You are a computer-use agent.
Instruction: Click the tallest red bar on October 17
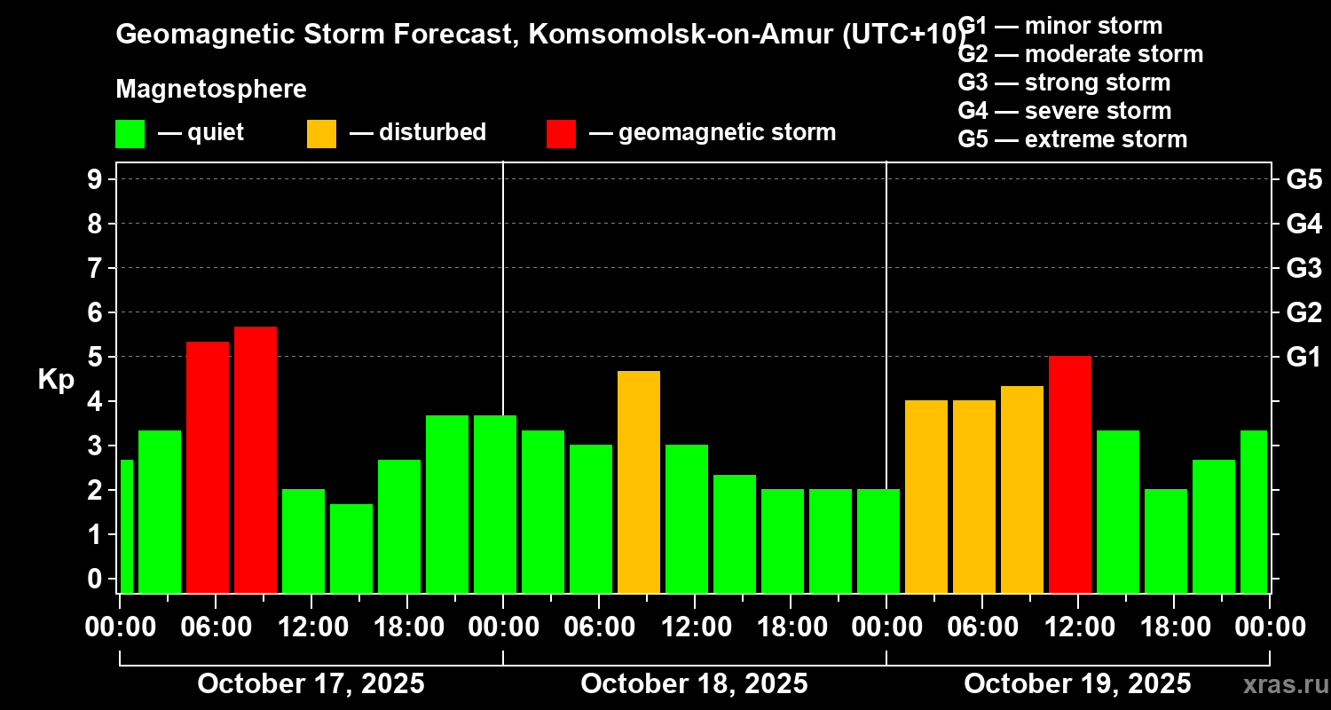256,459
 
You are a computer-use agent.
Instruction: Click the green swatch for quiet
130,134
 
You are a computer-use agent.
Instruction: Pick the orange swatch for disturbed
321,134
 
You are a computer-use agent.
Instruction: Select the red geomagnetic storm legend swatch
561,134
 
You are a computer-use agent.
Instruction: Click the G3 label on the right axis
1303,268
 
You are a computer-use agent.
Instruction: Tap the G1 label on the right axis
1303,358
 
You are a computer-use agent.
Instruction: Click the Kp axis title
56,380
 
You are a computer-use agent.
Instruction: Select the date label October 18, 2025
694,684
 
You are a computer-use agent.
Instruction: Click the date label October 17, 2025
311,684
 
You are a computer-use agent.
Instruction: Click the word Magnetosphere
211,90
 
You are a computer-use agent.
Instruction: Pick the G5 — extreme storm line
1073,139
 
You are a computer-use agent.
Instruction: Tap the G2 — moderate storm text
1081,54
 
